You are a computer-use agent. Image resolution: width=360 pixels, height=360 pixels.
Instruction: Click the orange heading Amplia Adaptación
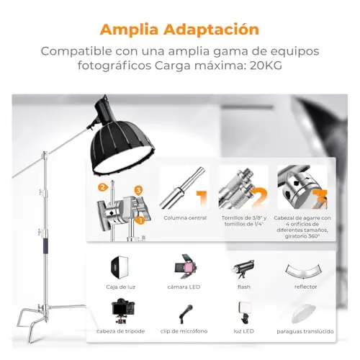(x=179, y=30)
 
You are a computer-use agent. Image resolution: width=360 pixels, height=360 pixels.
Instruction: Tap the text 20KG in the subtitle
(x=266, y=66)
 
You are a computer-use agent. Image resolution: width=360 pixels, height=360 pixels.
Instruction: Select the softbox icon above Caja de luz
(x=120, y=267)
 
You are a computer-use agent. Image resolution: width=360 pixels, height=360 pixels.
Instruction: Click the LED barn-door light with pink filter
(x=186, y=266)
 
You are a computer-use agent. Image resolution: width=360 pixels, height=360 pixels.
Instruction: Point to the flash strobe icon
(x=243, y=269)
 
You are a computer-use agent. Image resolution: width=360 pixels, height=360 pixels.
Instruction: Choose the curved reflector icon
(x=304, y=271)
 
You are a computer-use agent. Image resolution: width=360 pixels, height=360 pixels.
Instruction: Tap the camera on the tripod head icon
(x=123, y=311)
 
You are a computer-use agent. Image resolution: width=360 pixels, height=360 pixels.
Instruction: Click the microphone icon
(x=186, y=314)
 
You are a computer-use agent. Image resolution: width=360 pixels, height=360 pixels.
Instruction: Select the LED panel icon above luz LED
(x=244, y=312)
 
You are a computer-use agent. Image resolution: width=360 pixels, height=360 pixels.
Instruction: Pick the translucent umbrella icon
(x=303, y=314)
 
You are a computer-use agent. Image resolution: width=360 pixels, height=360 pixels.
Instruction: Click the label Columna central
(x=185, y=218)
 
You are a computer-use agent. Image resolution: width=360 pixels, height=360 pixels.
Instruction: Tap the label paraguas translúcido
(x=305, y=331)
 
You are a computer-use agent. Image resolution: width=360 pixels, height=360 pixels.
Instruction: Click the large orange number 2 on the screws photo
(x=259, y=198)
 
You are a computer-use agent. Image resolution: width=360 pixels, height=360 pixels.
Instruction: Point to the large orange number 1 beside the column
(x=202, y=198)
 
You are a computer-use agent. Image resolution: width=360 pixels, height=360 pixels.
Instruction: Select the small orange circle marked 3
(x=138, y=191)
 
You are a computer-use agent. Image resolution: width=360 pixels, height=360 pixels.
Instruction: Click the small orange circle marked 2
(x=102, y=187)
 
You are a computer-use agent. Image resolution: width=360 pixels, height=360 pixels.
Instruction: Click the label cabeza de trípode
(x=121, y=331)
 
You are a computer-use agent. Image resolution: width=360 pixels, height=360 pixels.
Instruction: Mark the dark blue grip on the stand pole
(x=45, y=246)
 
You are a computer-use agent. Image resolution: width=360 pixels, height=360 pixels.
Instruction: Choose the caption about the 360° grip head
(x=302, y=227)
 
